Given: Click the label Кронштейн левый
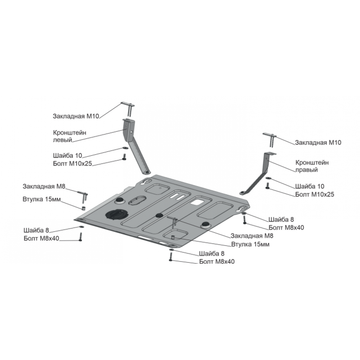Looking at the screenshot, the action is (x=70, y=136).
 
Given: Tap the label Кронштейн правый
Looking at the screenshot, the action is (x=312, y=166).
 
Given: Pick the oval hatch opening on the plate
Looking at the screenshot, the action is (x=137, y=200).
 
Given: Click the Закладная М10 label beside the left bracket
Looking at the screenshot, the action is (x=76, y=116).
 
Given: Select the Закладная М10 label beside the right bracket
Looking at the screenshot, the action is (x=318, y=143).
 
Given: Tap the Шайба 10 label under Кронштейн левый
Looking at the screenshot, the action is (x=68, y=156).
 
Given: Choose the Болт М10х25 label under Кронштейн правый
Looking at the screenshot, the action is (x=314, y=194).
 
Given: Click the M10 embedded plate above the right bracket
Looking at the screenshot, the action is (x=270, y=139).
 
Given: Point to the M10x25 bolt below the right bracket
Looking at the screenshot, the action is (x=267, y=186).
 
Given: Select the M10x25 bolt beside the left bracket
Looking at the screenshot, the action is (x=124, y=157).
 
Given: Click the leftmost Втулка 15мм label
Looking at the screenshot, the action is (x=41, y=199).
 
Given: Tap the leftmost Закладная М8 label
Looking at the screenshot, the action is (x=44, y=187).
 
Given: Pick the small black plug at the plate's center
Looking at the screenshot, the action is (x=159, y=215).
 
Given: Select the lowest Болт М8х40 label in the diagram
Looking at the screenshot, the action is (x=217, y=262).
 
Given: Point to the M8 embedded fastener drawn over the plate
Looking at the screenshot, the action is (x=174, y=221).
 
